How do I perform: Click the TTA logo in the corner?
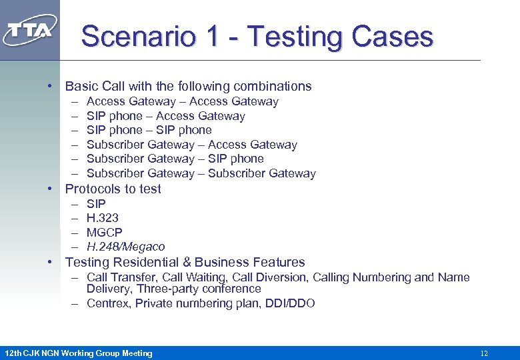[30, 30]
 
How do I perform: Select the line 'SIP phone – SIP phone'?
[149, 130]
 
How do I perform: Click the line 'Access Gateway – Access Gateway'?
[182, 101]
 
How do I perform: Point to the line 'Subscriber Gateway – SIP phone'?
[175, 159]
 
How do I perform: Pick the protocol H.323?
[103, 218]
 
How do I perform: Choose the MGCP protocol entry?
[105, 233]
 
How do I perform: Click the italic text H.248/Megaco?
[125, 247]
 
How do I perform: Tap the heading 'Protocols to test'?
[113, 189]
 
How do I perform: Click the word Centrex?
[107, 303]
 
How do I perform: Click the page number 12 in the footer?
[484, 353]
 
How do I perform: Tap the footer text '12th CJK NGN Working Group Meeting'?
[78, 353]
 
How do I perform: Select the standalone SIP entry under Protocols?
[96, 203]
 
